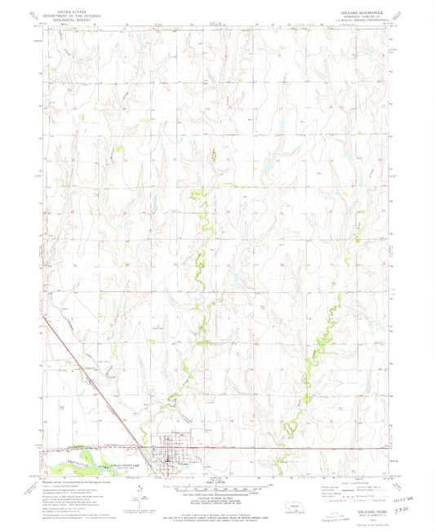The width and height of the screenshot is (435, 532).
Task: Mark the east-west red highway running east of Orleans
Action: (286, 448)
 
